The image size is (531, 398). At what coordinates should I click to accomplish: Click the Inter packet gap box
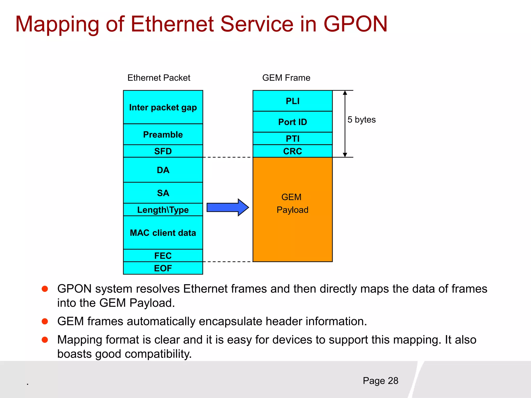pos(163,107)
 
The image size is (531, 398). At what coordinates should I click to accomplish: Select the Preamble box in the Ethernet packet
pos(163,134)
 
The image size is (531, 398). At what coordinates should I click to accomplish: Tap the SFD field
pos(163,151)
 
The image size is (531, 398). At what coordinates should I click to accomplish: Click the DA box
pos(163,170)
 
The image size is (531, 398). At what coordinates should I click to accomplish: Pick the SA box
pos(163,193)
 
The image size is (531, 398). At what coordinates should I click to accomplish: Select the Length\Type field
pos(163,210)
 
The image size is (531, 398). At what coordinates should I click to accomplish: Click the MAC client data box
pos(163,232)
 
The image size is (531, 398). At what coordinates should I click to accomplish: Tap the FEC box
pos(163,255)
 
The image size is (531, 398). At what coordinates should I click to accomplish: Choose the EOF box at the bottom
pos(163,268)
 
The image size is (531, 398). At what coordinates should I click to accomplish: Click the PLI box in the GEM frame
pos(292,101)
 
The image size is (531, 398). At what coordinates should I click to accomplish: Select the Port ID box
pos(292,122)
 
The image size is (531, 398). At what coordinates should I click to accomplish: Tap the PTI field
pos(292,138)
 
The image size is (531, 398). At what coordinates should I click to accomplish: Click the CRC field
pos(292,151)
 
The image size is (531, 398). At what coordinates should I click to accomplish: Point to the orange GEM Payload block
pos(292,223)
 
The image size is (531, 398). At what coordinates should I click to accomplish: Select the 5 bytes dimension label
pos(361,120)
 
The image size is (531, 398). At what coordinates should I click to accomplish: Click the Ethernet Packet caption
pos(159,78)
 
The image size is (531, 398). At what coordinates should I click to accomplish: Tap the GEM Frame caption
pos(286,78)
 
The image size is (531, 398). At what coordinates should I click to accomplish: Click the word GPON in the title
pos(355,24)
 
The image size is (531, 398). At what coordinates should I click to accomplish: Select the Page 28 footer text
pos(380,381)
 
